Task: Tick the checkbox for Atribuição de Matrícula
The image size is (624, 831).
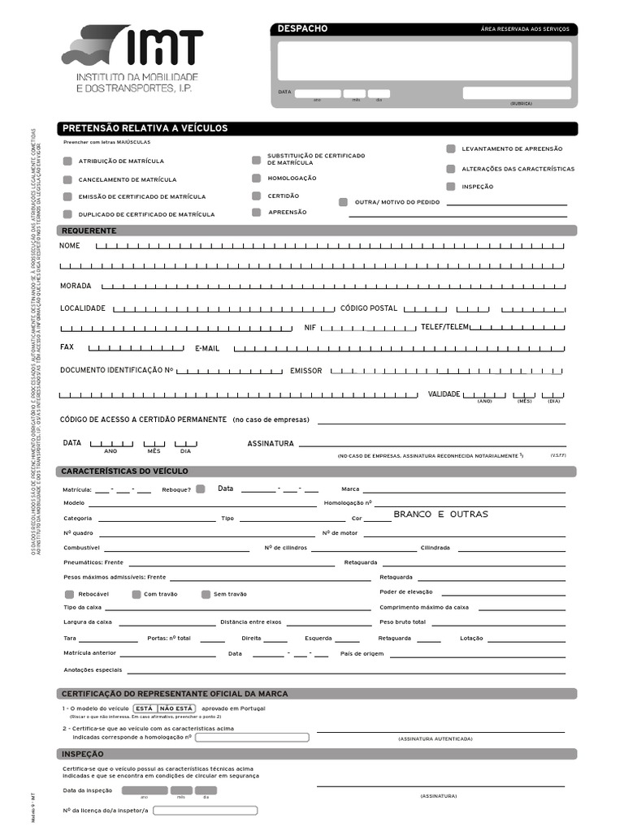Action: coord(67,161)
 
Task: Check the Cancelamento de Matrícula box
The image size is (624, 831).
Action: coord(67,179)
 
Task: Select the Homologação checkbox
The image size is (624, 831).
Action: coord(256,178)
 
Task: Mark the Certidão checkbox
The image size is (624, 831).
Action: coord(256,196)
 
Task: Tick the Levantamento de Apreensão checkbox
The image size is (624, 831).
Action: coord(450,149)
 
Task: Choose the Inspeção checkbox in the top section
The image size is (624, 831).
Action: coord(450,186)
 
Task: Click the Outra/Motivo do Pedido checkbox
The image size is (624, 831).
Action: coord(343,201)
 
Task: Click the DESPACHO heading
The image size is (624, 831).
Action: coord(302,29)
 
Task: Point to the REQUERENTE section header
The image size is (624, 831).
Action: coord(89,230)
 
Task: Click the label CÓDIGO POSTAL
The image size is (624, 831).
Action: coord(368,308)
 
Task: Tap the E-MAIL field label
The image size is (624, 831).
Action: coord(207,348)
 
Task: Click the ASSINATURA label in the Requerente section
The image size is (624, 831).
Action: coord(270,444)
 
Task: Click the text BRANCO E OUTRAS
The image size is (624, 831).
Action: coord(440,515)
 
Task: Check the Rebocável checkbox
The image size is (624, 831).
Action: coord(68,594)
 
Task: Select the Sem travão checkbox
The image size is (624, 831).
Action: coord(206,594)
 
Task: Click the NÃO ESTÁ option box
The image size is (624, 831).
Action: coord(175,708)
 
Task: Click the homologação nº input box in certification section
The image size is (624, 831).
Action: coord(252,738)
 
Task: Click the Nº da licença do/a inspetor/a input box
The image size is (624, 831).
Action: coord(205,811)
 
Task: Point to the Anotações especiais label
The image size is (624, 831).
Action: coord(93,670)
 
